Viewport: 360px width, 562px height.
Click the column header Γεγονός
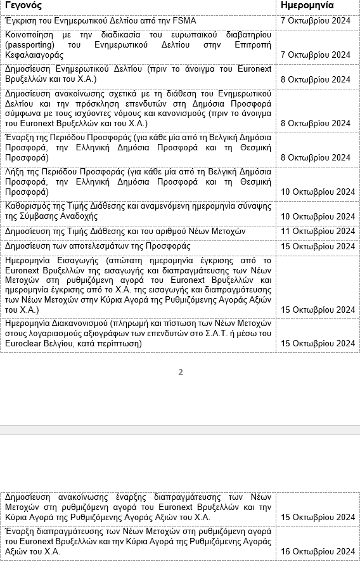click(23, 6)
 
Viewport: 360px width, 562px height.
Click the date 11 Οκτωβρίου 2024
click(318, 232)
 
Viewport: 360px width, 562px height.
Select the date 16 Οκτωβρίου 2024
click(318, 551)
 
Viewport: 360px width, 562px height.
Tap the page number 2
click(180, 372)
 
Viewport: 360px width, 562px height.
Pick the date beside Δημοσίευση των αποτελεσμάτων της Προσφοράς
click(318, 247)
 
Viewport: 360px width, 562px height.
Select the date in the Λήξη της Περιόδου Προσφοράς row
click(318, 192)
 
